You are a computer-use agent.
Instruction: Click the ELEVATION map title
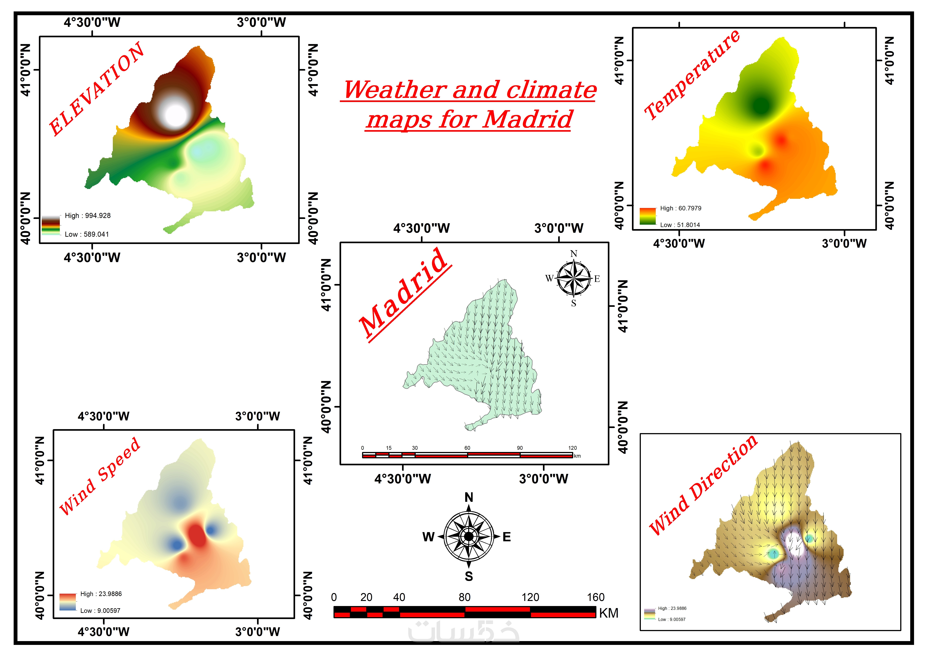click(96, 89)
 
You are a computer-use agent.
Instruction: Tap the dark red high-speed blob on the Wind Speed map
click(197, 535)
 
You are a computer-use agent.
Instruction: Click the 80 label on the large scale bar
click(464, 597)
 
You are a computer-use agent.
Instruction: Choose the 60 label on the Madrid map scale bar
click(467, 448)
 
